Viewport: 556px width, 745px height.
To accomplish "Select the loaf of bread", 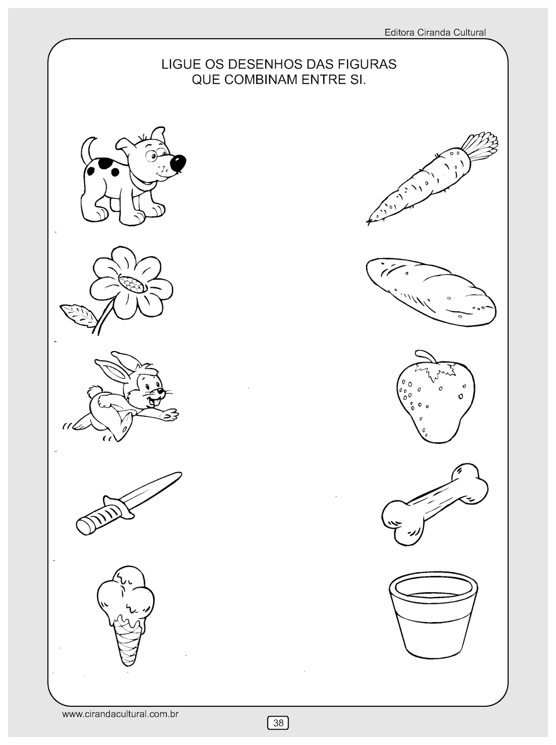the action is [x=431, y=291].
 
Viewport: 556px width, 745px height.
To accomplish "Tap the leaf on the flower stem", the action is [x=78, y=314].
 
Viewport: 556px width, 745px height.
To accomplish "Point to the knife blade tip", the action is [x=181, y=473].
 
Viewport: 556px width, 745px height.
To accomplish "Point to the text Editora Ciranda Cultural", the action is [x=435, y=33].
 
